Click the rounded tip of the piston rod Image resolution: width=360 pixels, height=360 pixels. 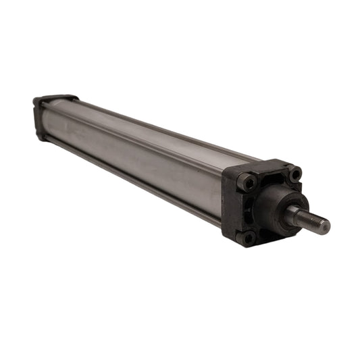click(326, 226)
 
